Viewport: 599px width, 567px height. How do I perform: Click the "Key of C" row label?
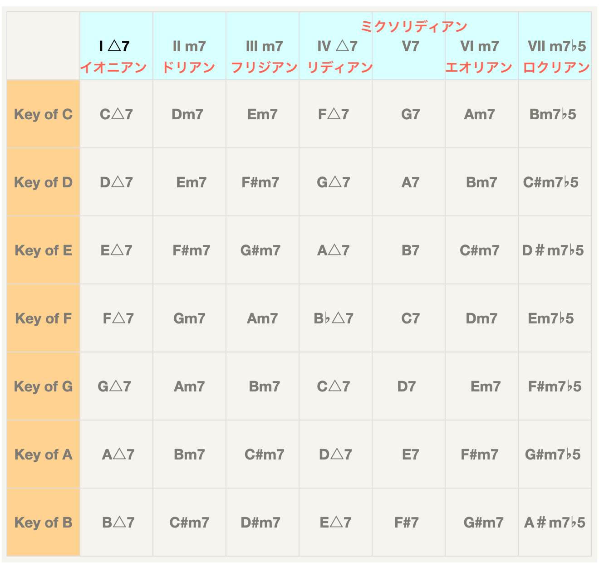(x=43, y=114)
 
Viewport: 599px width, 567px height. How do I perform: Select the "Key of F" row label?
(x=43, y=318)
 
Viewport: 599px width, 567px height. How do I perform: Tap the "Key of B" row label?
(x=43, y=523)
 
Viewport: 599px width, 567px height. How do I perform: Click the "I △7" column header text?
(x=114, y=46)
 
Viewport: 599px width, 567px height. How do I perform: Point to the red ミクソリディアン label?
(x=414, y=27)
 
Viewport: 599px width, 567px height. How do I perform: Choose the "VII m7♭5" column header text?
(x=557, y=46)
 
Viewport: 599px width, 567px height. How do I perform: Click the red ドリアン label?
(x=189, y=68)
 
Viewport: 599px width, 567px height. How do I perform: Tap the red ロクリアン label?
(x=556, y=68)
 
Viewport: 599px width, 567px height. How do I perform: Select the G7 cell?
(x=410, y=114)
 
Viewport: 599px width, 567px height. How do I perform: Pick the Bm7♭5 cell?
(x=553, y=114)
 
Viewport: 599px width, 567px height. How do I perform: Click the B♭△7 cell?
(x=334, y=318)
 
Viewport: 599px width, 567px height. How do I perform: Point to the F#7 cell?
(x=406, y=523)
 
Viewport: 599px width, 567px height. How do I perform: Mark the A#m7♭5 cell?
(x=555, y=523)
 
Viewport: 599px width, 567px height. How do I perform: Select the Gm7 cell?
(x=189, y=318)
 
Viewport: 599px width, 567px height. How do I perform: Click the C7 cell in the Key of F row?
(x=410, y=318)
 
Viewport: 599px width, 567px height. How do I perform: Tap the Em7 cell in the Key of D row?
(x=191, y=182)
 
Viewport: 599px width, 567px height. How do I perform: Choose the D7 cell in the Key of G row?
(x=406, y=386)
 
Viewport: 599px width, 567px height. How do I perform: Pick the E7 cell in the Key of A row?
(x=410, y=455)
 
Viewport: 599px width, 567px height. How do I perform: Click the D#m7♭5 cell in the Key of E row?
(x=553, y=250)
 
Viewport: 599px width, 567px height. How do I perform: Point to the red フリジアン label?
(x=264, y=68)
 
